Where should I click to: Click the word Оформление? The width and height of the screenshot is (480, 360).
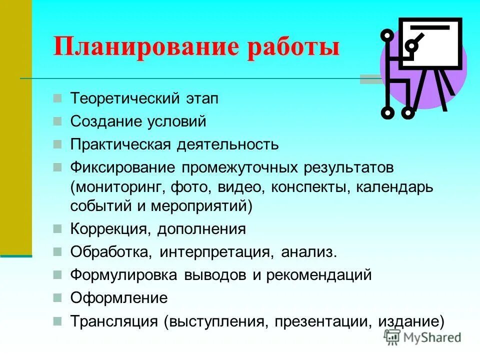(x=119, y=298)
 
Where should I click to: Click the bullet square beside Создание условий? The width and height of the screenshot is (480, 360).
(x=58, y=121)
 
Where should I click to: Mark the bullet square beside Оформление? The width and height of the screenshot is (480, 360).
(x=58, y=298)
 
